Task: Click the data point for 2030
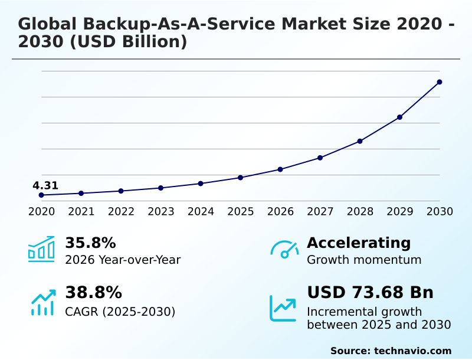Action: point(440,82)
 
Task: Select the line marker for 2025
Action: point(241,178)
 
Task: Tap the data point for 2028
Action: point(360,141)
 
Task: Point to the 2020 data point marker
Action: point(41,195)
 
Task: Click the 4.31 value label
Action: point(45,186)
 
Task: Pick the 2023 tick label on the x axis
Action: point(161,212)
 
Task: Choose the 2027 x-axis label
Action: point(320,212)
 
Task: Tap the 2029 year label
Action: point(400,212)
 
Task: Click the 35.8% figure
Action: point(90,243)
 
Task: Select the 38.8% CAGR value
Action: point(93,293)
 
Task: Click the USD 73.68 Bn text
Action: point(370,293)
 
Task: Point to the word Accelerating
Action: point(359,243)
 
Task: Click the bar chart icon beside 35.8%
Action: point(41,250)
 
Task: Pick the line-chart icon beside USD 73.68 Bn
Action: point(283,308)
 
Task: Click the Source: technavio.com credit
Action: point(391,351)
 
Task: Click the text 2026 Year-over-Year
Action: point(123,260)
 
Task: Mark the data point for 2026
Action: point(280,169)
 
